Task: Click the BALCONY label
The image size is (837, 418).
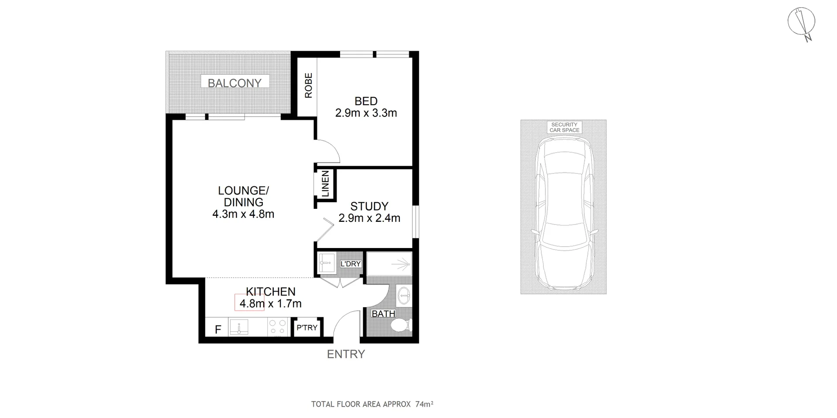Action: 235,83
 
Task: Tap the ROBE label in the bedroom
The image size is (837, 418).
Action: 309,85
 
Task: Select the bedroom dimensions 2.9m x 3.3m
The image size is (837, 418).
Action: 366,113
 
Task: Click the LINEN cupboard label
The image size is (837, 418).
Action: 325,184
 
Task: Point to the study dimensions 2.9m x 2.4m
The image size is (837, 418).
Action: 369,218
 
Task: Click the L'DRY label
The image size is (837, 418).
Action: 350,264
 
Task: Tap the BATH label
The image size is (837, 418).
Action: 383,314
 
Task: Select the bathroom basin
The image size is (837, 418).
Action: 404,295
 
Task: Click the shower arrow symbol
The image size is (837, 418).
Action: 401,264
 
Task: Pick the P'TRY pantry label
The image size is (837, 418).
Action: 307,327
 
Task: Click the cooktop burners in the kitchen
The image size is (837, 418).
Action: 277,327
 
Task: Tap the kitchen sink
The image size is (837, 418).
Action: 239,327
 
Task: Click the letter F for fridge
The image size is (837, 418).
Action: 218,330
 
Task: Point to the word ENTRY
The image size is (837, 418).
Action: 346,354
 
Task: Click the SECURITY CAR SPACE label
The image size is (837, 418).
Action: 564,127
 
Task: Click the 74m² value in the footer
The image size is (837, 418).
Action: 424,404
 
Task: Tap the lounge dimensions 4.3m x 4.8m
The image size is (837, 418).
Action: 243,214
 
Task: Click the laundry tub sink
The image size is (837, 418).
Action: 326,262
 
